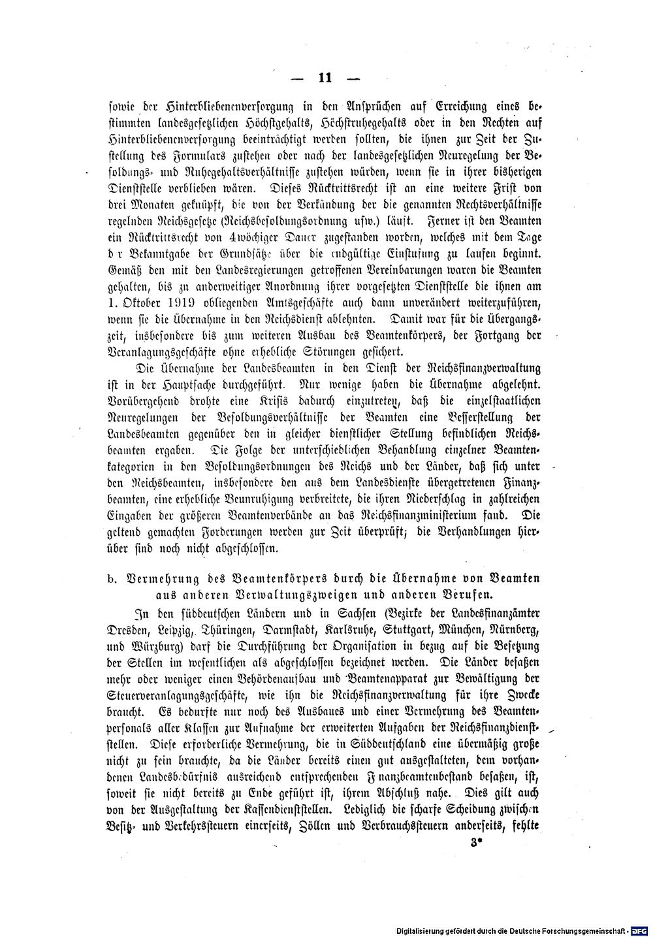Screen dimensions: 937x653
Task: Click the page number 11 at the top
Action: pyautogui.click(x=326, y=78)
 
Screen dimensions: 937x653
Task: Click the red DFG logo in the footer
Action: pyautogui.click(x=638, y=929)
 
